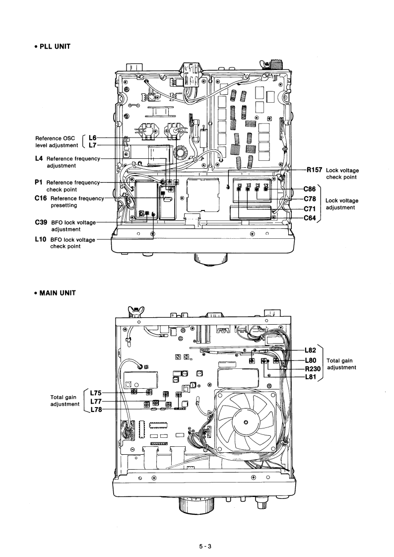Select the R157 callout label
pos(315,170)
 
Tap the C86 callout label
pos(310,189)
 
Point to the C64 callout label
pos(310,218)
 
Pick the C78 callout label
pos(310,199)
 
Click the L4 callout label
pos(39,158)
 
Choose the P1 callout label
pos(39,182)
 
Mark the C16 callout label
pos(41,198)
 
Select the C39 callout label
pos(41,222)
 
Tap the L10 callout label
pos(41,239)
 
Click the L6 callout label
pos(92,138)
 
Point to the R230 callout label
pos(313,369)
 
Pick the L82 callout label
pos(310,350)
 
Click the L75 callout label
pos(96,393)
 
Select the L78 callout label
pos(96,410)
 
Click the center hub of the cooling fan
pos(245,422)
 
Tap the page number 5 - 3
pos(205,547)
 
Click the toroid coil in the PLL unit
pos(182,153)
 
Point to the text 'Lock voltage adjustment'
pos(342,204)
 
